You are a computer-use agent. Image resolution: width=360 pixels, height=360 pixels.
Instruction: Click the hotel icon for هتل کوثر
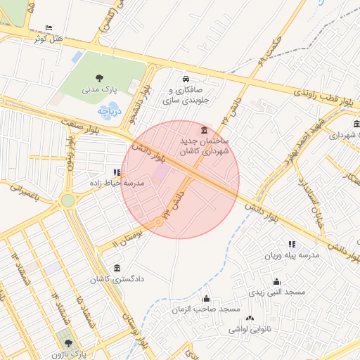pos(48,27)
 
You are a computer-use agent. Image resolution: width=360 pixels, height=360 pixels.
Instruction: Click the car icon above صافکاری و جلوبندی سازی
pos(186,79)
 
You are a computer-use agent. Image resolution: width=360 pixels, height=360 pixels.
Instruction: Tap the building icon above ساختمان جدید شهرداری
pos(204,130)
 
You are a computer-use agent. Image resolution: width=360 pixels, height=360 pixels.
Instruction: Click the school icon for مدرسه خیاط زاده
pos(117,172)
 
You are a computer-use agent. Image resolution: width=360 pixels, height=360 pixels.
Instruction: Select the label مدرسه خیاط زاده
pos(116,183)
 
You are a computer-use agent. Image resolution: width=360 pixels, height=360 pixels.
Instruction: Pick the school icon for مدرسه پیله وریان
pos(291,244)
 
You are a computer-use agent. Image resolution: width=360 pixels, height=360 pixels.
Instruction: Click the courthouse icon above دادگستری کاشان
pos(116,268)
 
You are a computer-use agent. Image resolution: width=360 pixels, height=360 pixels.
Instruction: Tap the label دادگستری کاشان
pos(116,279)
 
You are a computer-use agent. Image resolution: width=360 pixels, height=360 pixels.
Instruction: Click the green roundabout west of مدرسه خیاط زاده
pos(67,200)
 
